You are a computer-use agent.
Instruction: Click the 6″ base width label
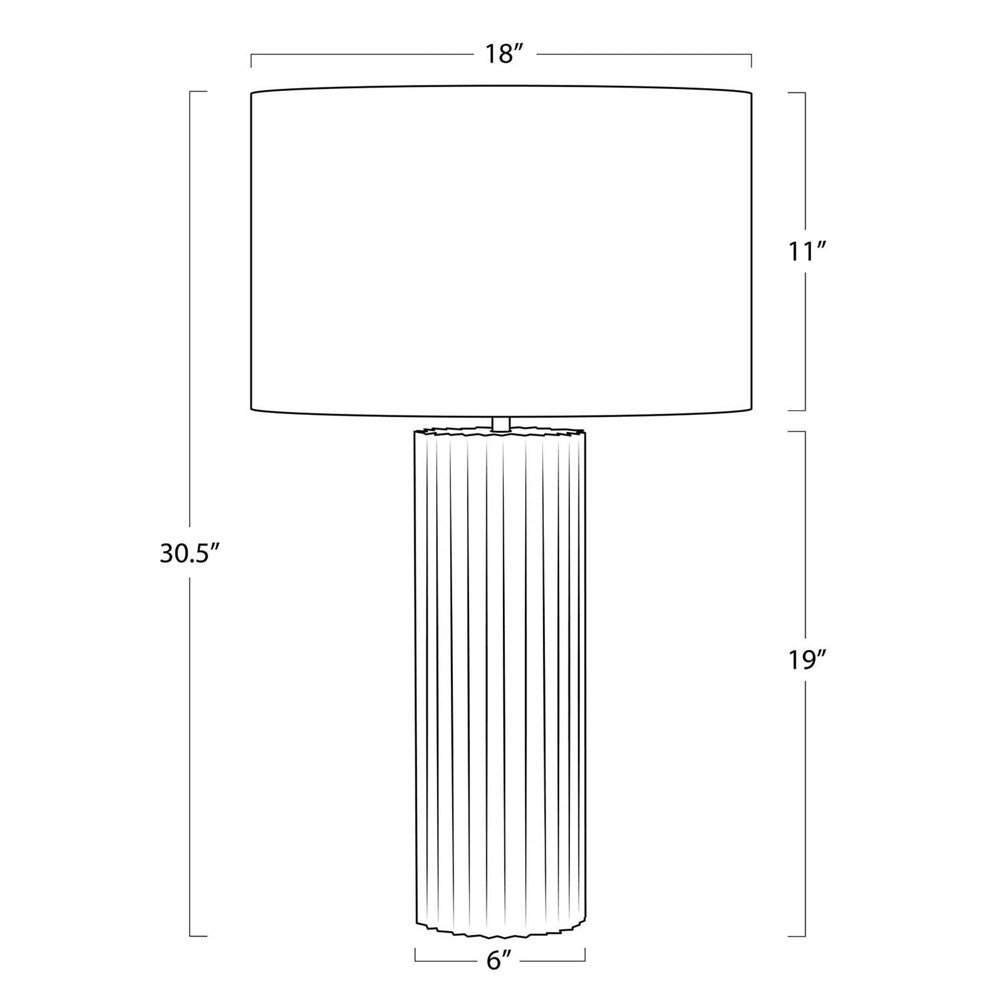tap(500, 961)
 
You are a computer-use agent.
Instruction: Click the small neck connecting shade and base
tap(500, 423)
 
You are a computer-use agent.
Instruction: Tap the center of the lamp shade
tap(501, 251)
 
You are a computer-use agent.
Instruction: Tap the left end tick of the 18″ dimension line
tap(251, 61)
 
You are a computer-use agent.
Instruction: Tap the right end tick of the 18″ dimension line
tap(751, 61)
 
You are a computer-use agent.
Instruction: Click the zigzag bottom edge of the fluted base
tap(500, 931)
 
